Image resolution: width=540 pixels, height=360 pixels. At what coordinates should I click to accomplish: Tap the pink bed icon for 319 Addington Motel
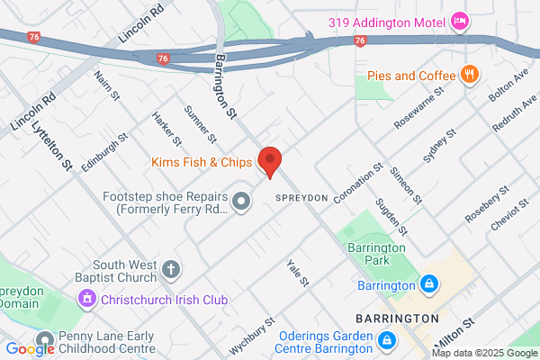click(460, 20)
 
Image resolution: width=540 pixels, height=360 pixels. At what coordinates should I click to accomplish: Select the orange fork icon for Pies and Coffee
click(467, 75)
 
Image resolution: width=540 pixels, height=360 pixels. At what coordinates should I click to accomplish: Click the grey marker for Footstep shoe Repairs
click(240, 201)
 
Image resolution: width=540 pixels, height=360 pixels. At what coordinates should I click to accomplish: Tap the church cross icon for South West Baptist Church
click(171, 268)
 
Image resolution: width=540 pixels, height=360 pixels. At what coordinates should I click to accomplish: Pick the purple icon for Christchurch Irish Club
click(87, 298)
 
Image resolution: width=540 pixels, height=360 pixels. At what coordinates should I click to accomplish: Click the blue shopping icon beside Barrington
click(429, 285)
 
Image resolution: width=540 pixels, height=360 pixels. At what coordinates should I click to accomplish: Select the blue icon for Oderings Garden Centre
click(387, 340)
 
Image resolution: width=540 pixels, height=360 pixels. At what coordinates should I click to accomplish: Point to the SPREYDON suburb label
click(298, 196)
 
